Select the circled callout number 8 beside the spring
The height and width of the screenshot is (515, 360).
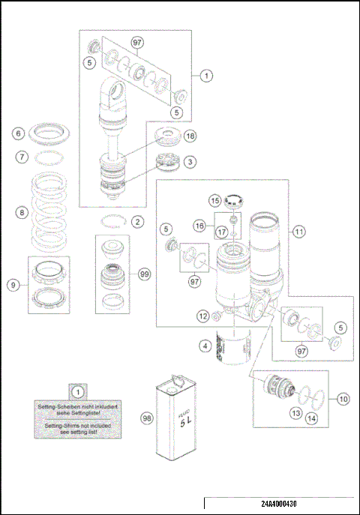19,213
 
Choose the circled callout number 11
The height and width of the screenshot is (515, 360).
299,232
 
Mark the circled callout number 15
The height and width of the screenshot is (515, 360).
214,201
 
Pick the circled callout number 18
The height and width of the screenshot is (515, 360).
190,136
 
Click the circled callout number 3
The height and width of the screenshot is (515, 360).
190,161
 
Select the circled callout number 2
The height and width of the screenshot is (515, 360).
136,221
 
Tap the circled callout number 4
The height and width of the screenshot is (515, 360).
203,346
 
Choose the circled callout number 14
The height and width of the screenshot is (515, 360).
310,418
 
